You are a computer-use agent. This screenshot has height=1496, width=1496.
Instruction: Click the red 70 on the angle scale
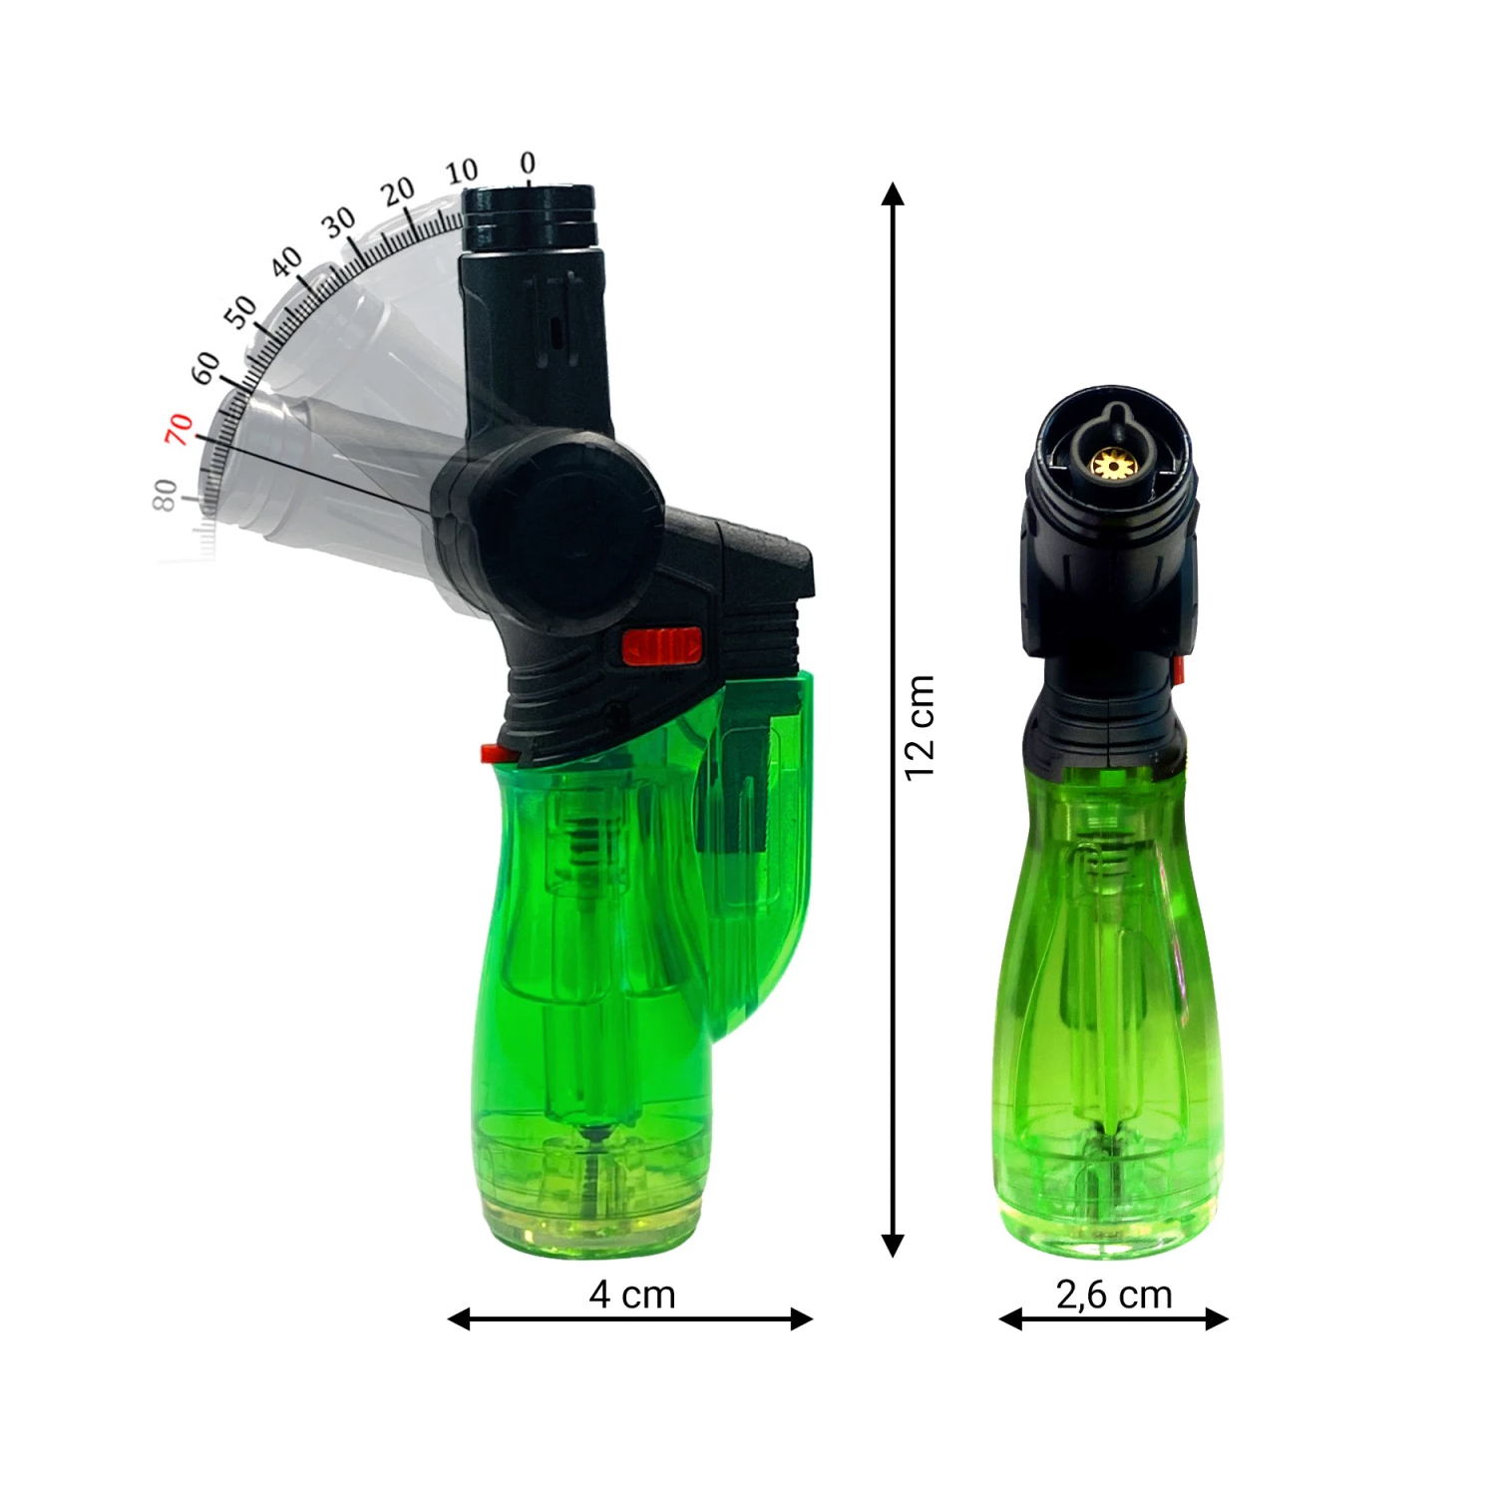(x=179, y=429)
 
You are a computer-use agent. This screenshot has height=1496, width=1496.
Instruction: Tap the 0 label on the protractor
(x=528, y=163)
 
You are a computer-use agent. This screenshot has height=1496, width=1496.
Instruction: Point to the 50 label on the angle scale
(x=240, y=312)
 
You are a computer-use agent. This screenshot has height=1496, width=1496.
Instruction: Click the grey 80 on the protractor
(x=165, y=495)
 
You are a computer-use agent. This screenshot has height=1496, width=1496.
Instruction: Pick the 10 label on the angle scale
(x=462, y=172)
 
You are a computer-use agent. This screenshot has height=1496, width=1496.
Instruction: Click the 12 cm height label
(x=920, y=727)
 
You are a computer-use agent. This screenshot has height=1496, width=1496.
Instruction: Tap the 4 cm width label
(x=632, y=1295)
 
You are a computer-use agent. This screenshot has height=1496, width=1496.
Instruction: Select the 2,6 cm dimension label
(x=1114, y=1295)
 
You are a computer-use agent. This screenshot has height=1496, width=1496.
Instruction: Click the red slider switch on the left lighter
(x=662, y=646)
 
